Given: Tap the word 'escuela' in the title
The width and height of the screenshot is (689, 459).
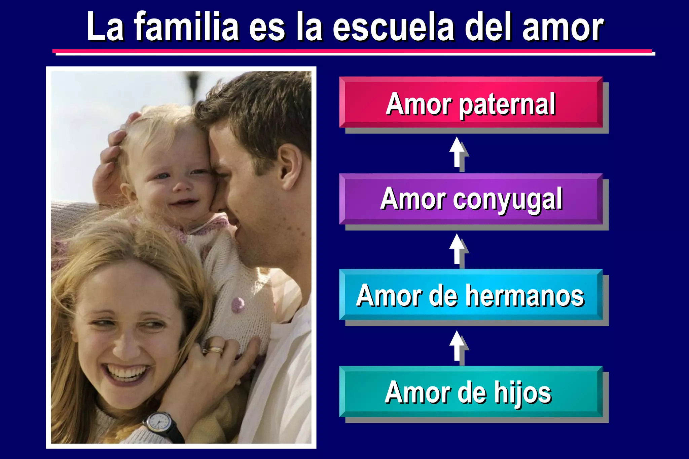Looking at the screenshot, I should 394,27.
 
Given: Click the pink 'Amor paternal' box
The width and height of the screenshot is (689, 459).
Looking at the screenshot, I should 471,102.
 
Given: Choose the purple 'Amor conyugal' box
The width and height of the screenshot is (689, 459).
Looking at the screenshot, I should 471,199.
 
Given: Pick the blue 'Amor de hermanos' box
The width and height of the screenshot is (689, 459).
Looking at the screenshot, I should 471,295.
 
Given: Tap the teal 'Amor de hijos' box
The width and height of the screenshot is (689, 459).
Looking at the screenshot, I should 471,391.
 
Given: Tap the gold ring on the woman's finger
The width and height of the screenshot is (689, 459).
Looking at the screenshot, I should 214,350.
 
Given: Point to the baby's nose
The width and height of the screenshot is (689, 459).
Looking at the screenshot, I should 183,186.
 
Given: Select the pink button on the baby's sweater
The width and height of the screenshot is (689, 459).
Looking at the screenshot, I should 238,304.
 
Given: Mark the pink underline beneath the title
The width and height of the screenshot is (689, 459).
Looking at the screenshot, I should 352,51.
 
